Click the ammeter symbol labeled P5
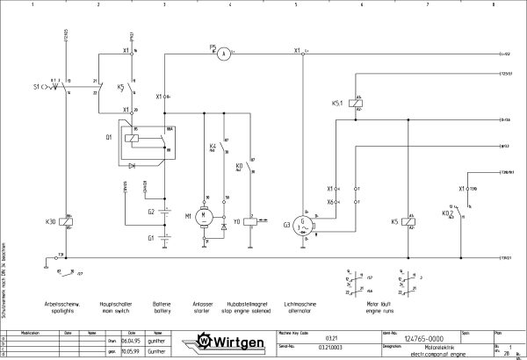click(224, 54)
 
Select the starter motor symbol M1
click(205, 213)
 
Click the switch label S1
click(36, 88)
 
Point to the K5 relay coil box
click(408, 223)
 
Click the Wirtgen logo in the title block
click(231, 341)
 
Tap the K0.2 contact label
click(447, 212)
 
